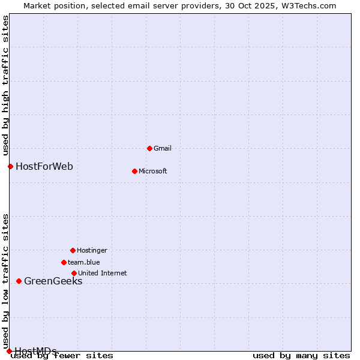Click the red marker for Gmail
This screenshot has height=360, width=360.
pyautogui.click(x=149, y=148)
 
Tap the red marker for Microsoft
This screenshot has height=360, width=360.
pyautogui.click(x=134, y=171)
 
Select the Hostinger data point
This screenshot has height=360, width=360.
pyautogui.click(x=73, y=250)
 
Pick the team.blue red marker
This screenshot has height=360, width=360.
pyautogui.click(x=64, y=262)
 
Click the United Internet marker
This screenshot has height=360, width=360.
pyautogui.click(x=74, y=273)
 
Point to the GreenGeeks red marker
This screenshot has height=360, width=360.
pyautogui.click(x=19, y=281)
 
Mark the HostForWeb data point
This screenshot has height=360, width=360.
pyautogui.click(x=10, y=166)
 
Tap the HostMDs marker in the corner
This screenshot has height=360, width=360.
pyautogui.click(x=9, y=351)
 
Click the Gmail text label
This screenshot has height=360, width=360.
pyautogui.click(x=163, y=148)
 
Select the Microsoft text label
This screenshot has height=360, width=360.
pyautogui.click(x=153, y=171)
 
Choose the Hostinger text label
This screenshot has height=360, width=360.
pyautogui.click(x=92, y=250)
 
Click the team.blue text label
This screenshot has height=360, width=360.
pyautogui.click(x=84, y=262)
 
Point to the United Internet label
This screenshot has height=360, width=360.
pyautogui.click(x=103, y=273)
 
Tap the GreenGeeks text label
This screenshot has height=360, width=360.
pyautogui.click(x=53, y=281)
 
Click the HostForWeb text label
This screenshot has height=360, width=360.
pyautogui.click(x=44, y=166)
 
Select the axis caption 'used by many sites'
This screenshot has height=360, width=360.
pyautogui.click(x=301, y=356)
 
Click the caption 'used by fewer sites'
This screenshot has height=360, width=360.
pyautogui.click(x=62, y=356)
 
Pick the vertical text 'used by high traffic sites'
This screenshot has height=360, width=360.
pyautogui.click(x=5, y=86)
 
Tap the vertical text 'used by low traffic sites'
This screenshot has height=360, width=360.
pyautogui.click(x=5, y=281)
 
